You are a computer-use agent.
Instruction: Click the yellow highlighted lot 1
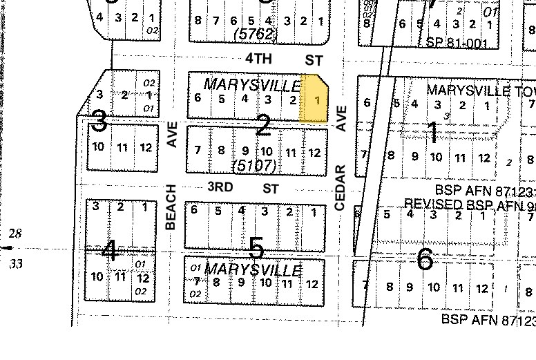coord(315,100)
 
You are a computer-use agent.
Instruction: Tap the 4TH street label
coord(258,59)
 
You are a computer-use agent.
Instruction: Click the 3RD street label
coord(220,187)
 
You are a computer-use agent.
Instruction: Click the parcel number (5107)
coord(255,166)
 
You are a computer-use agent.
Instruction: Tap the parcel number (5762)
coord(255,33)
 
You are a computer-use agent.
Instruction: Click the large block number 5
coord(256,247)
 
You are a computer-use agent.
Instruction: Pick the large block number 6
coord(425,260)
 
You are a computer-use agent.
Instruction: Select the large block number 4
coord(109,250)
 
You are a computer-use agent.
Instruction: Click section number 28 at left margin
coord(15,234)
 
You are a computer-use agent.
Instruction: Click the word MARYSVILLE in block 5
coord(253,269)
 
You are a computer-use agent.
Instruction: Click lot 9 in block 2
coord(244,151)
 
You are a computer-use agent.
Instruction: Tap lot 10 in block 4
coord(97,277)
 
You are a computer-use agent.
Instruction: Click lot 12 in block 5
coord(312,284)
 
